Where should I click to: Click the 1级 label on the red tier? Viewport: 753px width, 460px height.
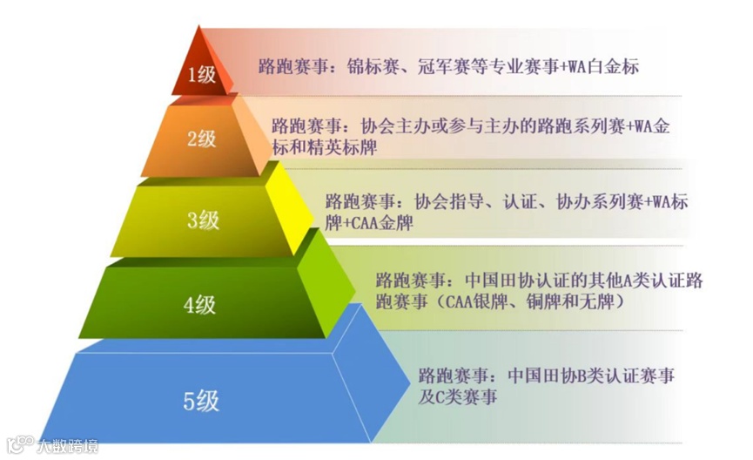(202, 74)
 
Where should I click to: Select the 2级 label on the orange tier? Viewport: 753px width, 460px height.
(201, 139)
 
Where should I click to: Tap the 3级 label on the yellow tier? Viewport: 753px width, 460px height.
(203, 220)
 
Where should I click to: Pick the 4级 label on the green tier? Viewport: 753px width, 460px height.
(199, 305)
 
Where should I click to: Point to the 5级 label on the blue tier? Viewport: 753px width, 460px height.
(201, 401)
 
